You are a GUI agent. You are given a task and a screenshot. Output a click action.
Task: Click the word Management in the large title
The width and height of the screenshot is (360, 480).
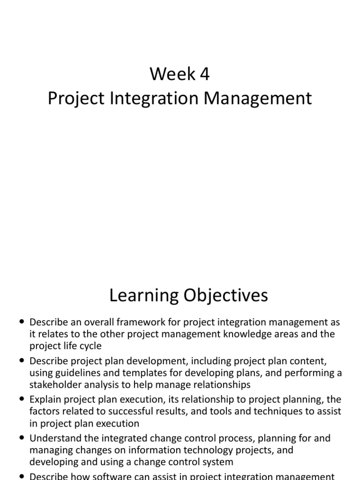click(264, 98)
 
